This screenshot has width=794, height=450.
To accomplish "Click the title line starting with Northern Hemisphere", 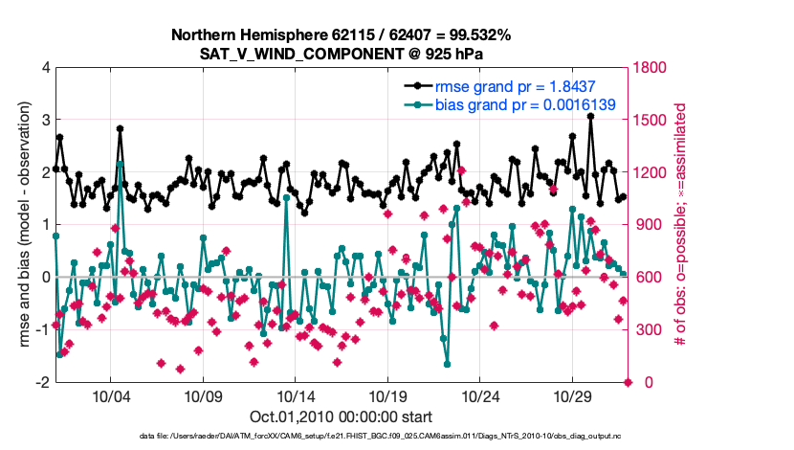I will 341,35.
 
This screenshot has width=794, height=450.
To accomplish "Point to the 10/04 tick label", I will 110,395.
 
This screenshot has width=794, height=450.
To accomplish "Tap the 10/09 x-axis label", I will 203,395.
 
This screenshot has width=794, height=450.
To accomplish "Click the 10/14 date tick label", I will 296,395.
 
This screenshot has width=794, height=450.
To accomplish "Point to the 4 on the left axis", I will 45,68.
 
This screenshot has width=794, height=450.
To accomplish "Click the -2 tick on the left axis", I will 42,382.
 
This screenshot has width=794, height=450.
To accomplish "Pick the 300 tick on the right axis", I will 647,330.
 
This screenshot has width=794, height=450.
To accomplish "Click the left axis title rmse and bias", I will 21,225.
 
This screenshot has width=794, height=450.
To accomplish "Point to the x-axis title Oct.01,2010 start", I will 341,416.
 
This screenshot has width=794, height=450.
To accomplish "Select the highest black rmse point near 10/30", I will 591,116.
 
